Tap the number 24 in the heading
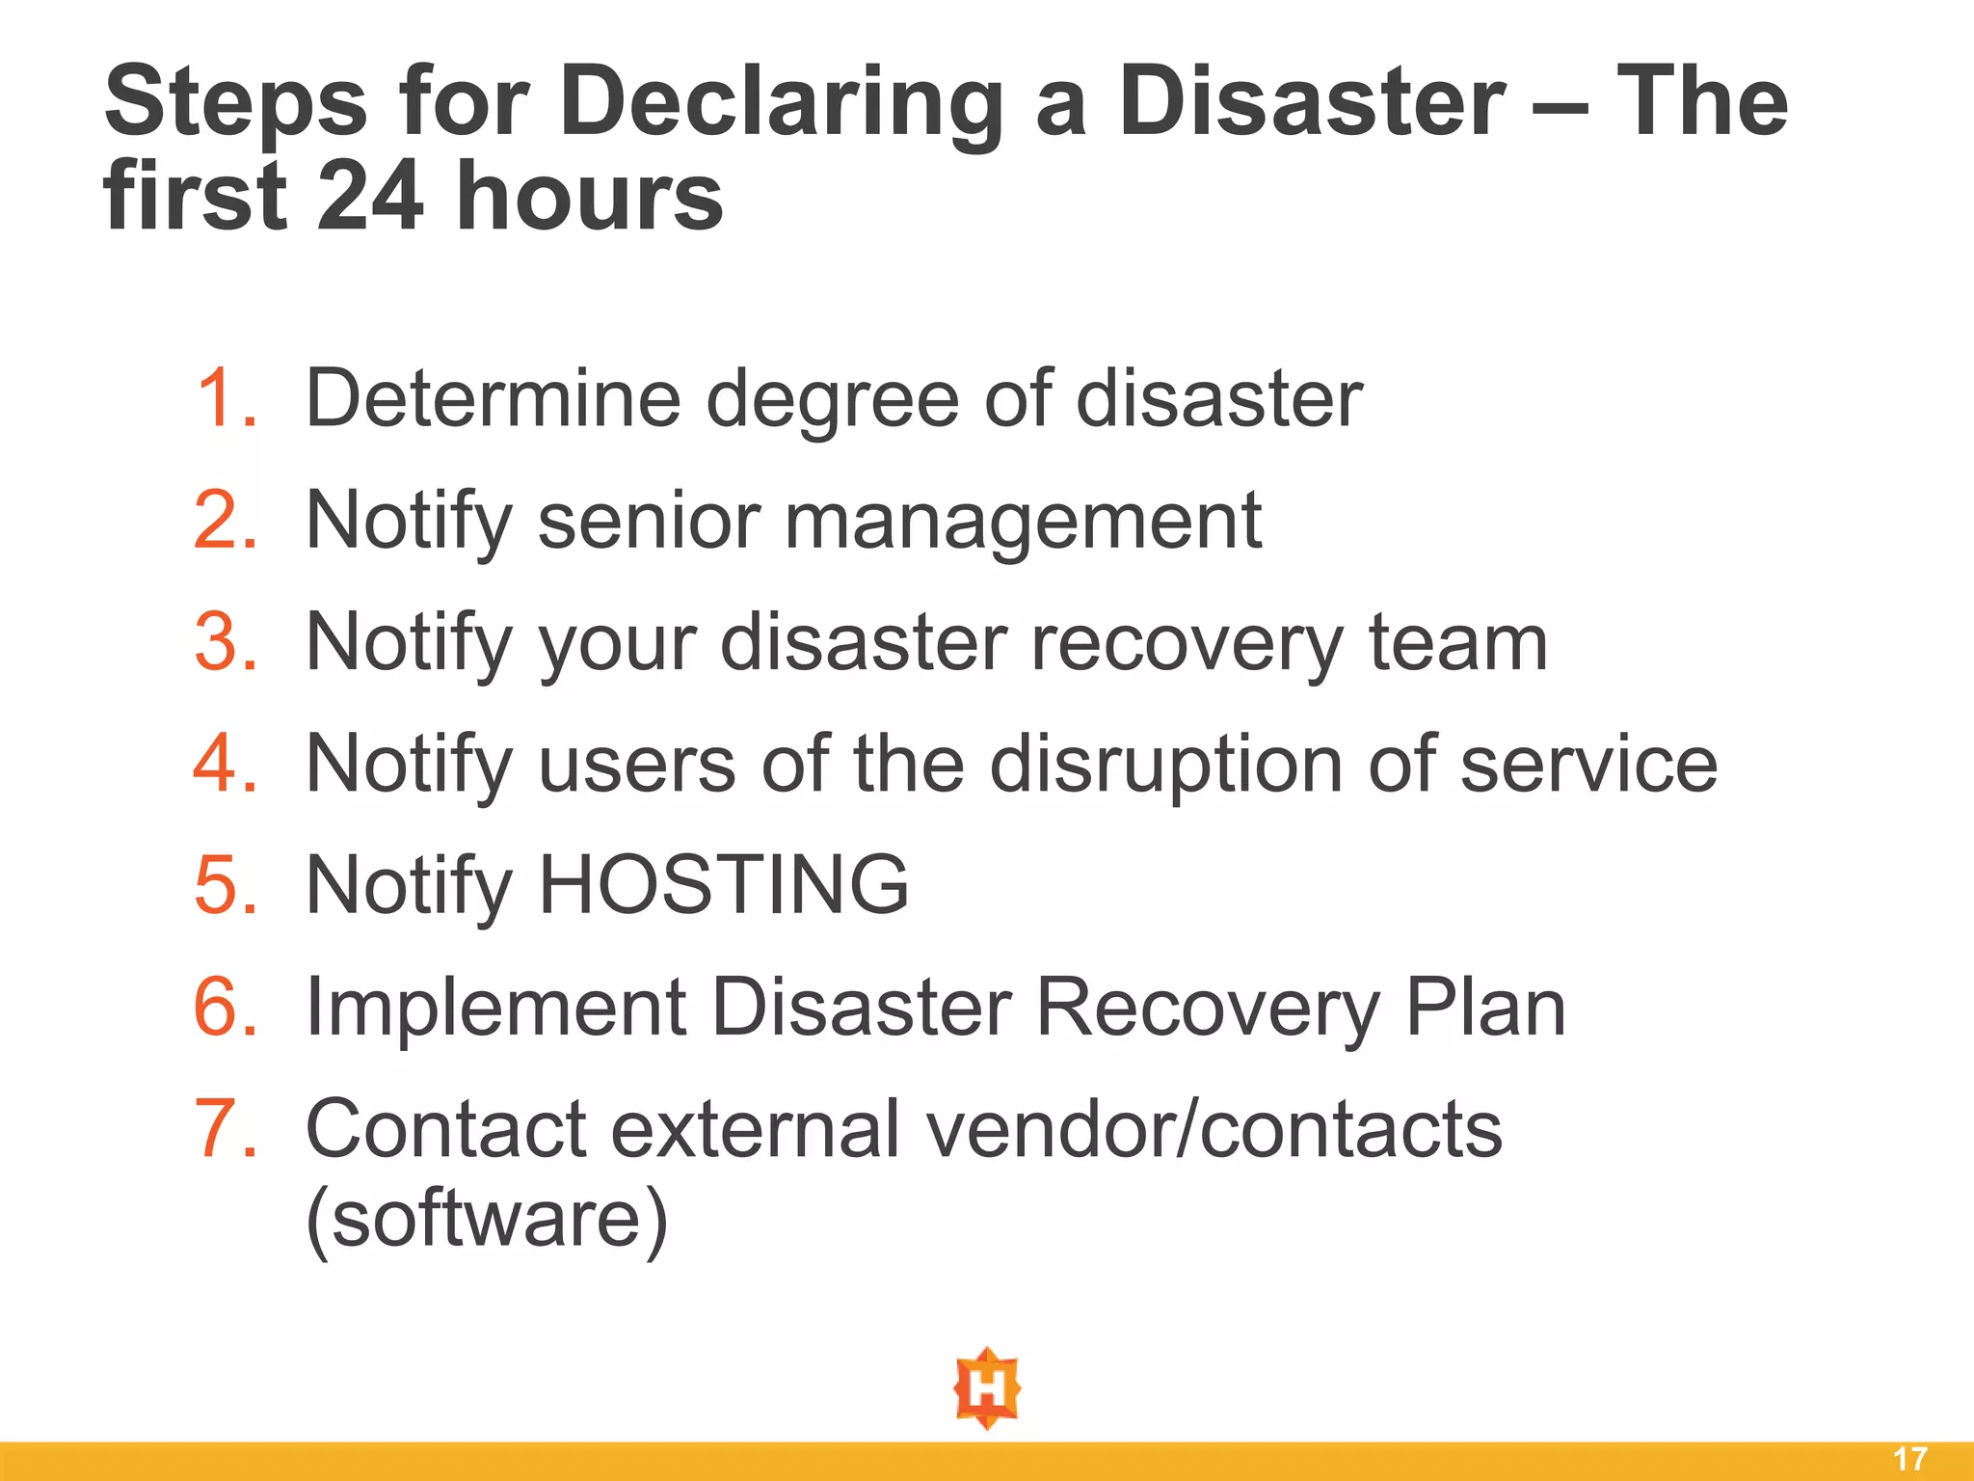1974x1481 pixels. pos(370,197)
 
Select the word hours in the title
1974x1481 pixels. pos(589,197)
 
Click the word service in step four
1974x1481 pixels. pos(1588,764)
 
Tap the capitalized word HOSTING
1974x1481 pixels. pos(723,885)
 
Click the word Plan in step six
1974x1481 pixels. pos(1485,1007)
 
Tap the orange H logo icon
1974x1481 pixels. pos(986,1388)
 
